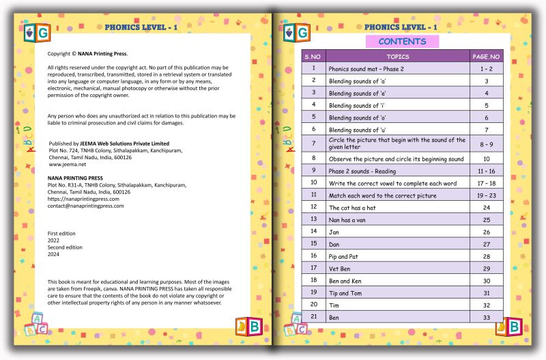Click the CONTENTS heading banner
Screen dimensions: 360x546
[402, 42]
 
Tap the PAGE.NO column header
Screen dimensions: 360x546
[486, 56]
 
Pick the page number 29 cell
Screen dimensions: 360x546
[486, 268]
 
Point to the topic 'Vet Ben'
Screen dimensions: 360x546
[341, 268]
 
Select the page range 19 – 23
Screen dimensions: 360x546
[486, 195]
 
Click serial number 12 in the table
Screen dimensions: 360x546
[313, 206]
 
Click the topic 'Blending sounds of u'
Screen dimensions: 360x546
[358, 130]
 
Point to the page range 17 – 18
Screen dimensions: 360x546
[486, 183]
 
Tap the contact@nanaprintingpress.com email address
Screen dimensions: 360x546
[86, 206]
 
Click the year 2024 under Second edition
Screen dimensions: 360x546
[53, 254]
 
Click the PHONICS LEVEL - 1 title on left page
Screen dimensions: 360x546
[141, 27]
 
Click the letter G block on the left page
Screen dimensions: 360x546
[44, 32]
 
